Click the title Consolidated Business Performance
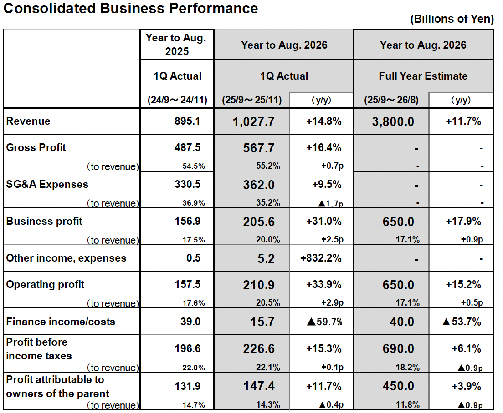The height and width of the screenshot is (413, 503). coord(131,8)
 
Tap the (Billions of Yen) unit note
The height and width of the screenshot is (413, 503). coord(452,19)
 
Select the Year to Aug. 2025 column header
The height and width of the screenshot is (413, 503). coord(177,45)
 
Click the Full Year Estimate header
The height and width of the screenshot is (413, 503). coord(423,76)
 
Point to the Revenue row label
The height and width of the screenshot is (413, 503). coord(28,121)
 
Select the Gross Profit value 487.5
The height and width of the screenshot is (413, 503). coord(188,147)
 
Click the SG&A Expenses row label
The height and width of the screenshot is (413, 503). coord(47,184)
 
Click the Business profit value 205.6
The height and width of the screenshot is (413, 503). coord(260,222)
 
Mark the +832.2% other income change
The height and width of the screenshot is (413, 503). coord(321,258)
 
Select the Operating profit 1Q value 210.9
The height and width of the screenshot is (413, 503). coord(260,285)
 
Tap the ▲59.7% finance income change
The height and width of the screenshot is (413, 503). coord(324,322)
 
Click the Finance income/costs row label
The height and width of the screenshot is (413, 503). coord(61,322)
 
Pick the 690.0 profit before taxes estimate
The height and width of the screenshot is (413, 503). coord(398,349)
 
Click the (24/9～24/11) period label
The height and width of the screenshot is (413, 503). coord(177,100)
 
